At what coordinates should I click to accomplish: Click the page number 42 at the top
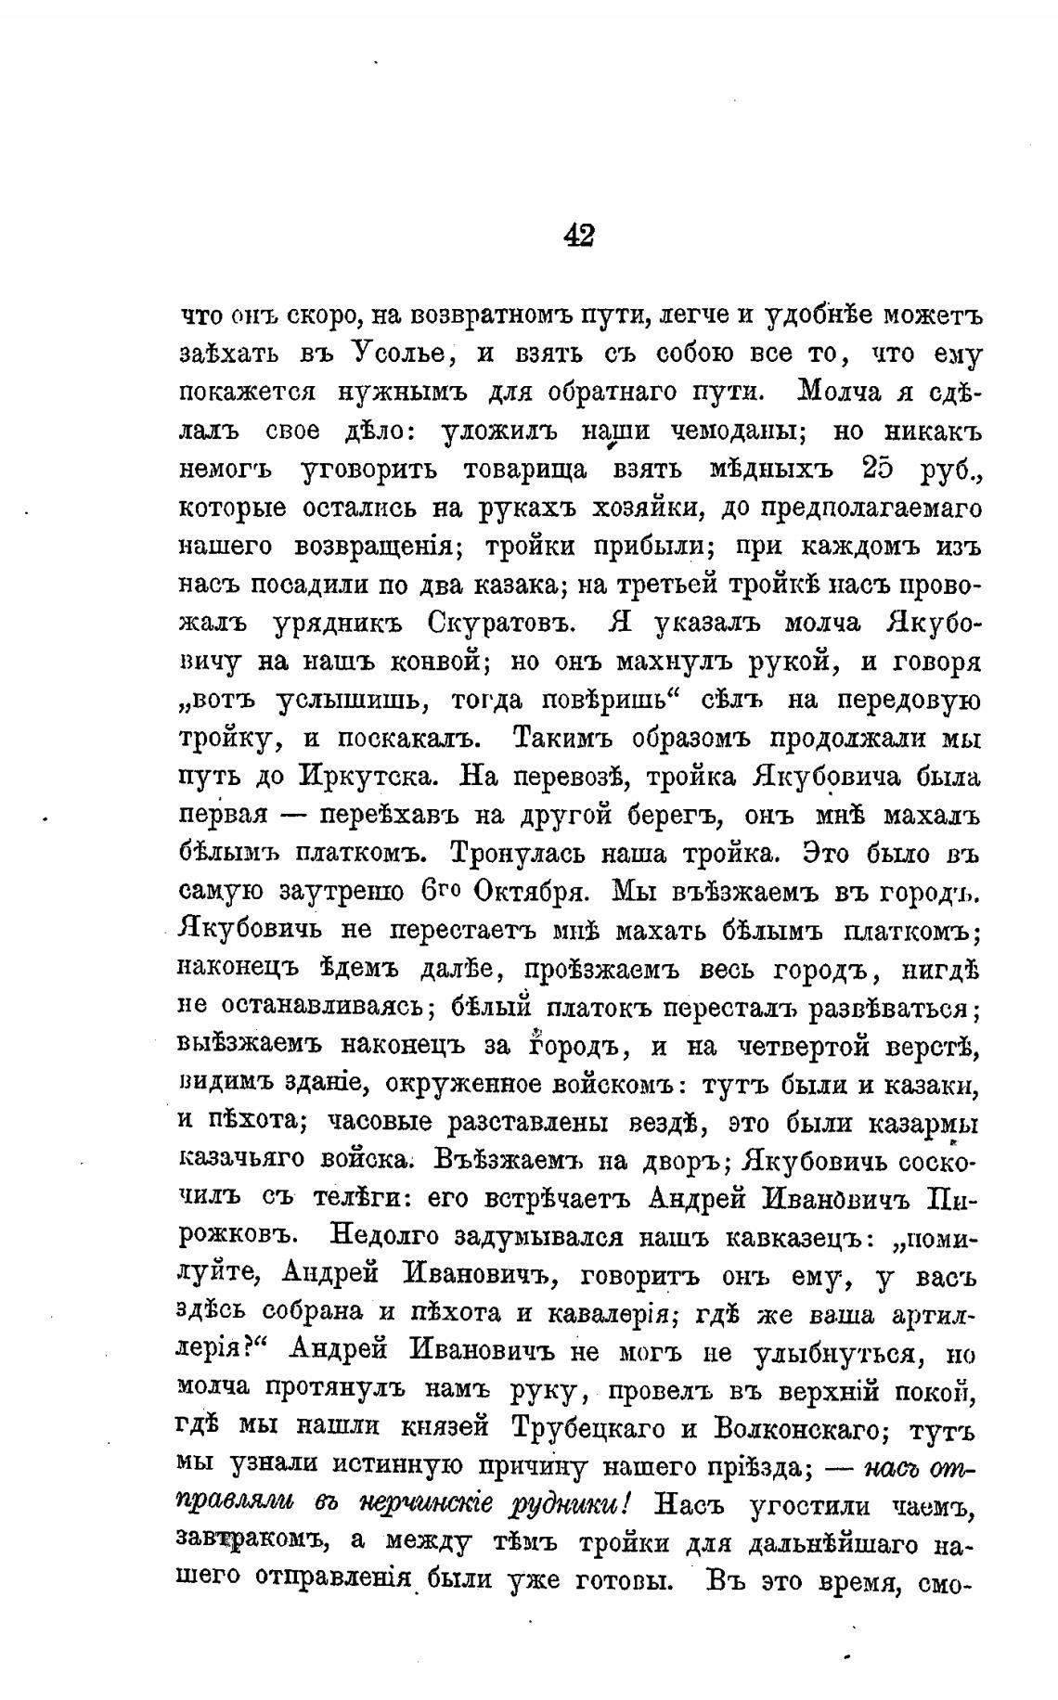tap(578, 236)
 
